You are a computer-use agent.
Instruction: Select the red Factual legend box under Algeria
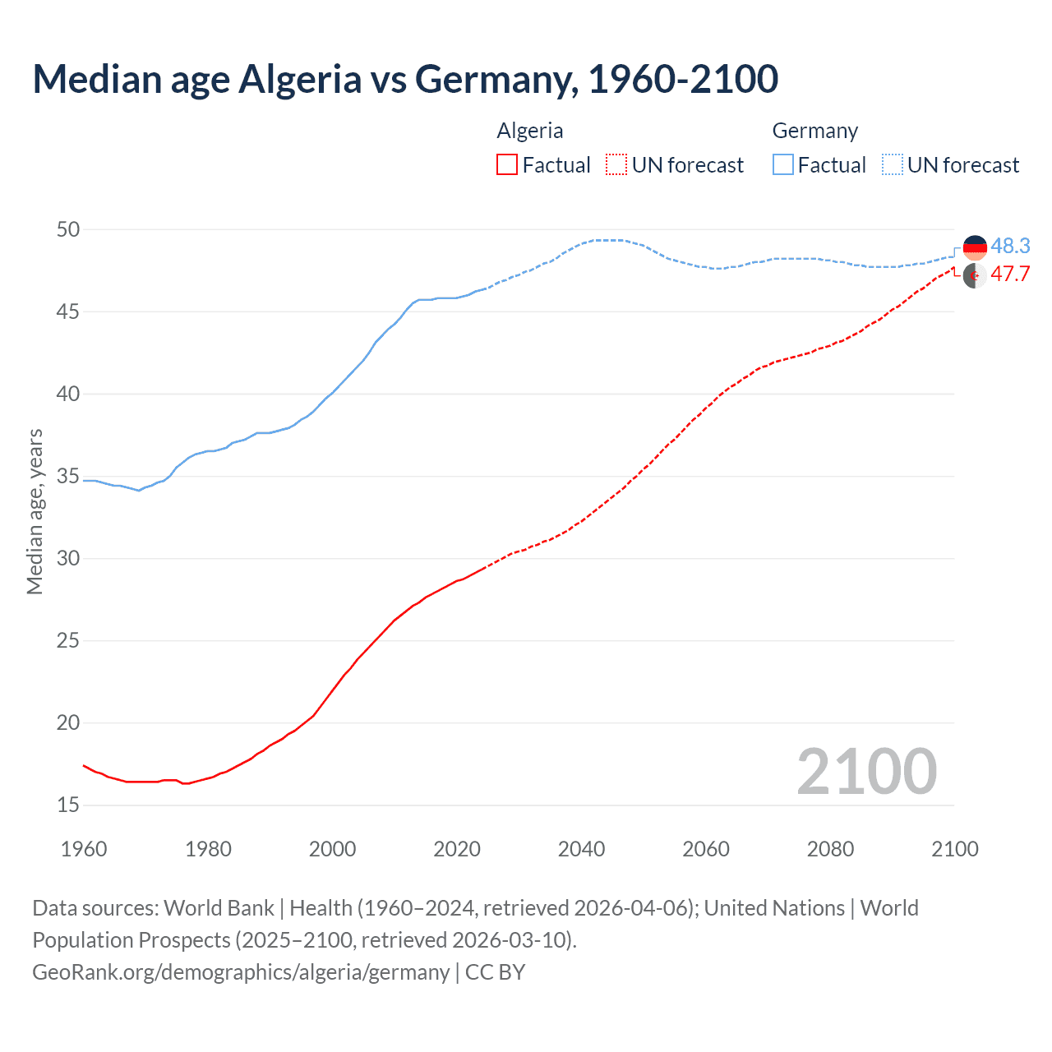[x=507, y=165]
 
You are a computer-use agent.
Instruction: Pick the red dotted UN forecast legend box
[x=616, y=165]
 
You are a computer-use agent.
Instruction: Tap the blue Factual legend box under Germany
[x=783, y=165]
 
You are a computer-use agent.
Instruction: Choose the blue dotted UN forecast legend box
[x=893, y=165]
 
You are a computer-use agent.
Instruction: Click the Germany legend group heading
[x=814, y=131]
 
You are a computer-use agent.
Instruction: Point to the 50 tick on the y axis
[x=68, y=229]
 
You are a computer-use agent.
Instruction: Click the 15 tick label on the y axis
[x=68, y=805]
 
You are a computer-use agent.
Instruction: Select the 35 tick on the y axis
[x=68, y=476]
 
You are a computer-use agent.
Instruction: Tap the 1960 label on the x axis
[x=84, y=849]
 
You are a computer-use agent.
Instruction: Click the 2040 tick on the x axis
[x=581, y=849]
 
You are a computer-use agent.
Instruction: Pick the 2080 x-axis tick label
[x=830, y=849]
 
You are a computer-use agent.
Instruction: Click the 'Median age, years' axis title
[x=35, y=511]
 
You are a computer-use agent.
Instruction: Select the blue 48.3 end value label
[x=1010, y=246]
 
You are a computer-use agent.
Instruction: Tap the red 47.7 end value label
[x=1010, y=274]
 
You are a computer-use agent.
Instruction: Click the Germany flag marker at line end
[x=975, y=247]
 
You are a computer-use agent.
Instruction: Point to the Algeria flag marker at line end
[x=975, y=276]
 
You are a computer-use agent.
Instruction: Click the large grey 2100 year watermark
[x=866, y=771]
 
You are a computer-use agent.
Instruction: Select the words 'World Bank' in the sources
[x=219, y=908]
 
